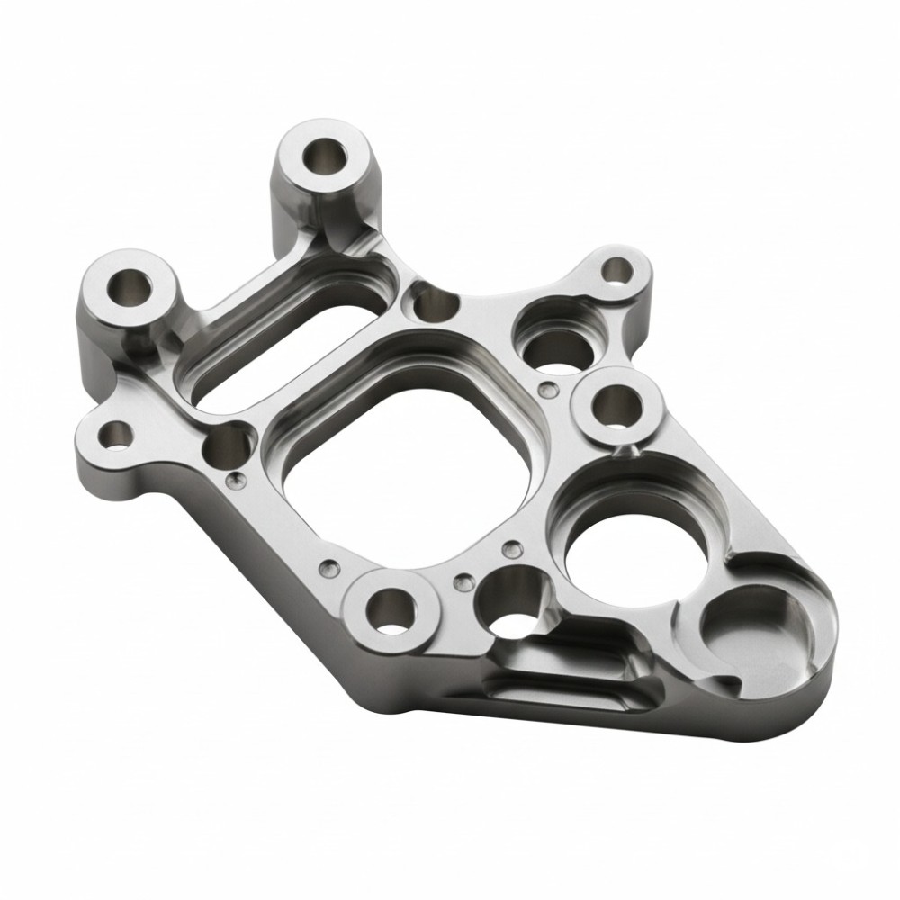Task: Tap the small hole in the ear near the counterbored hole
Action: [616, 270]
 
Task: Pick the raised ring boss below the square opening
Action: [390, 613]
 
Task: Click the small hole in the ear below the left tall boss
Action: [116, 436]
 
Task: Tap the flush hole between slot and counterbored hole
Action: [436, 304]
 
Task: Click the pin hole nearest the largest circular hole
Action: [512, 549]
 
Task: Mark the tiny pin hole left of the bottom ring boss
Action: [330, 568]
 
